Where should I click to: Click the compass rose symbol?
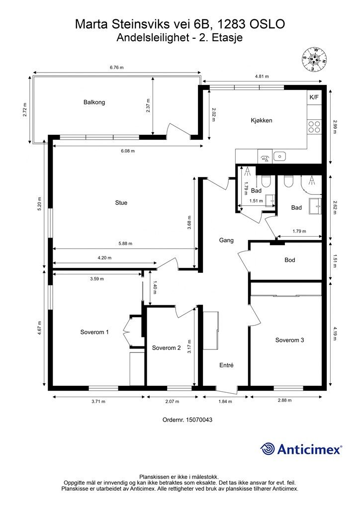pyautogui.click(x=314, y=59)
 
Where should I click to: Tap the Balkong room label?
pyautogui.click(x=94, y=102)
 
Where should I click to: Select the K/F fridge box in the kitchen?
pyautogui.click(x=314, y=97)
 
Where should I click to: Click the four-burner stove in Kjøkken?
pyautogui.click(x=314, y=127)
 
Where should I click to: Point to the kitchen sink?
pyautogui.click(x=279, y=156)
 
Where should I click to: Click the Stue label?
pyautogui.click(x=121, y=203)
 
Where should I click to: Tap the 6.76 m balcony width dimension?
pyautogui.click(x=117, y=68)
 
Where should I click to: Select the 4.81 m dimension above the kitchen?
pyautogui.click(x=262, y=77)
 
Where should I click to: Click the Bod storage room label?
pyautogui.click(x=290, y=260)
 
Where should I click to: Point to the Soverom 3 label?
pyautogui.click(x=289, y=340)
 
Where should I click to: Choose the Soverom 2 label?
pyautogui.click(x=166, y=348)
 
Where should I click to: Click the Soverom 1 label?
pyautogui.click(x=94, y=332)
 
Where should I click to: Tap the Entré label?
pyautogui.click(x=226, y=365)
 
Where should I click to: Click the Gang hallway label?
pyautogui.click(x=226, y=240)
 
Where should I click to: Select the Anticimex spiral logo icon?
pyautogui.click(x=268, y=449)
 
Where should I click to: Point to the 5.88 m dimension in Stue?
pyautogui.click(x=125, y=244)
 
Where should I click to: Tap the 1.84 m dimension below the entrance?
pyautogui.click(x=225, y=402)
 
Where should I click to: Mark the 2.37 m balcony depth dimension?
pyautogui.click(x=148, y=105)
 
